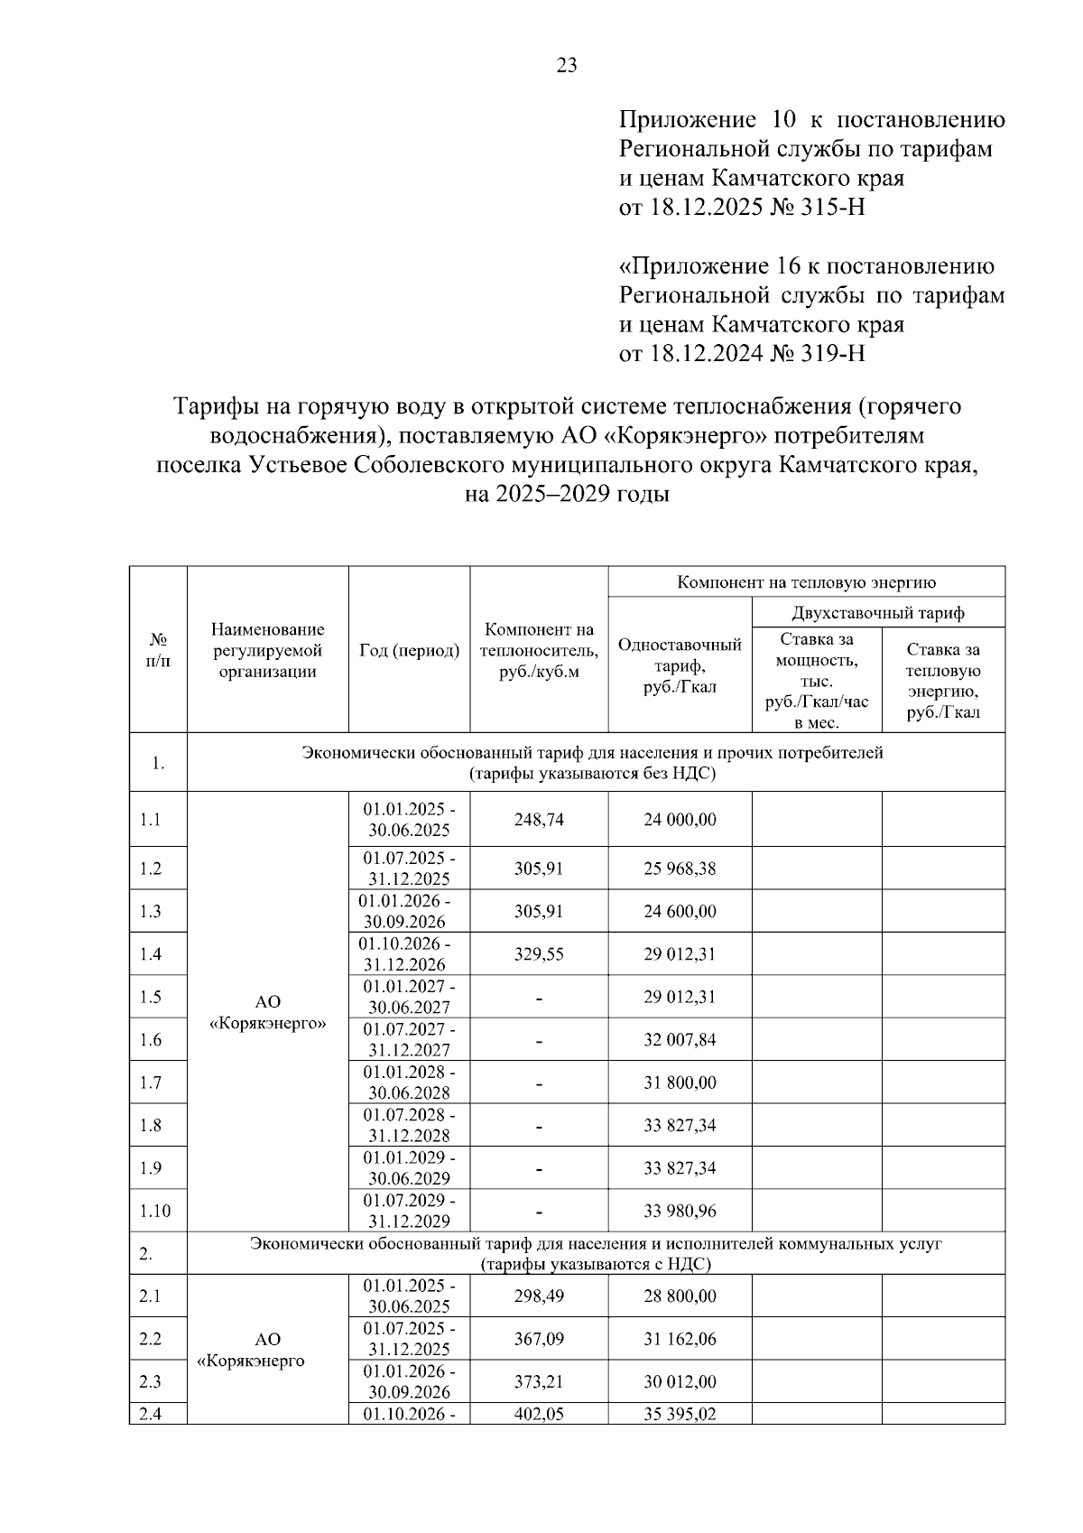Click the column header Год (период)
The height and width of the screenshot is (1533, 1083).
(409, 650)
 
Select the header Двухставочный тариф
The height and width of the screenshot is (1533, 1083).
(878, 613)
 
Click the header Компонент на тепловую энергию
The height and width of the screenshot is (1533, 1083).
(806, 582)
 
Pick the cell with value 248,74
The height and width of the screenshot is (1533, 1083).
(539, 820)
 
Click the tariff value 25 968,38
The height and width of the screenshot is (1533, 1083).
(680, 869)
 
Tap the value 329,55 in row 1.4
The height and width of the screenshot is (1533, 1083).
(539, 954)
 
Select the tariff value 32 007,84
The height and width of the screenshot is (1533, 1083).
(680, 1040)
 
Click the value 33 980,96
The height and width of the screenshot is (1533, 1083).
(680, 1211)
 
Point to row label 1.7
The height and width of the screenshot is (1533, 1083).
(151, 1082)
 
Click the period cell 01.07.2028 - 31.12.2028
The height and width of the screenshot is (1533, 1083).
(409, 1125)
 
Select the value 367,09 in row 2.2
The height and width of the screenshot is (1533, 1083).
(539, 1339)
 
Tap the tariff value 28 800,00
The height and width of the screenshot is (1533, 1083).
(680, 1296)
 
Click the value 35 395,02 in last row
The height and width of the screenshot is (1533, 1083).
(680, 1414)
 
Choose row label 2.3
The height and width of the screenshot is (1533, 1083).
(151, 1381)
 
